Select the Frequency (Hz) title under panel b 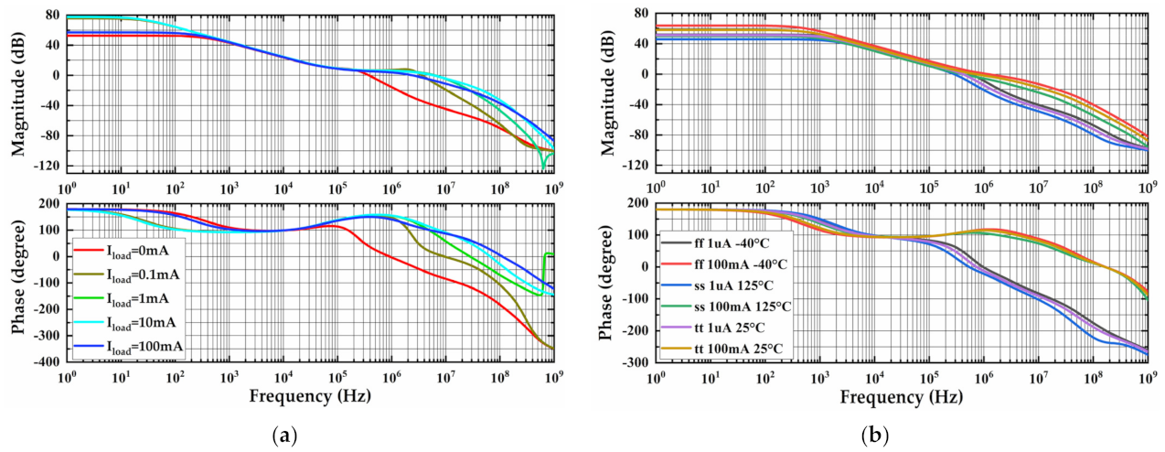click(901, 397)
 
